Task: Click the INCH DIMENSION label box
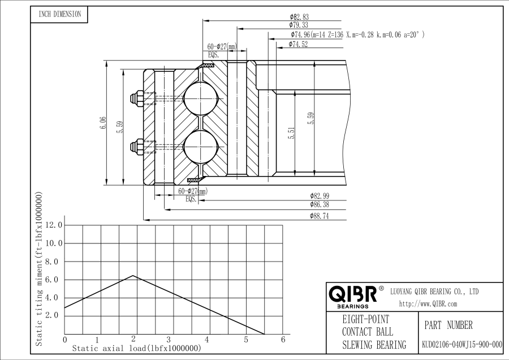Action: pyautogui.click(x=59, y=14)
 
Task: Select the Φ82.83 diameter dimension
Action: pyautogui.click(x=299, y=17)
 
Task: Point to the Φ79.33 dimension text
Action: pyautogui.click(x=299, y=25)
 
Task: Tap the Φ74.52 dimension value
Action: pyautogui.click(x=298, y=44)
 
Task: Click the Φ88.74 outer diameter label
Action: pyautogui.click(x=320, y=216)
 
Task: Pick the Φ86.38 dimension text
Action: pyautogui.click(x=320, y=205)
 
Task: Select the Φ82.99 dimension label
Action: pyautogui.click(x=320, y=196)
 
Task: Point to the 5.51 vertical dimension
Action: pyautogui.click(x=291, y=133)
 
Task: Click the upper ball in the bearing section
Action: pyautogui.click(x=200, y=98)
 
